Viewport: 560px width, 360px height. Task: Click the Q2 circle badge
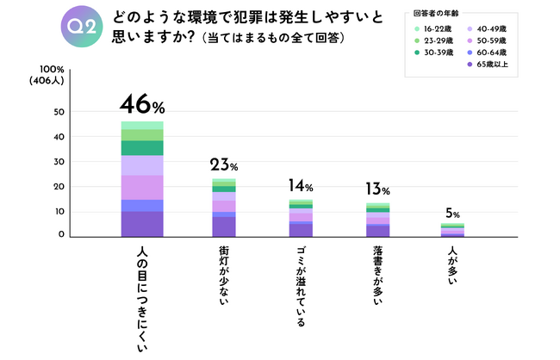click(82, 28)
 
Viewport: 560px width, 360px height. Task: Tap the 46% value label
click(142, 106)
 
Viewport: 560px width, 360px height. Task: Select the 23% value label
click(223, 164)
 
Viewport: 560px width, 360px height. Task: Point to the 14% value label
click(302, 185)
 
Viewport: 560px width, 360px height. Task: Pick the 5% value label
click(453, 214)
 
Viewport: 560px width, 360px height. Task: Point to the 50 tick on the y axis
click(60, 112)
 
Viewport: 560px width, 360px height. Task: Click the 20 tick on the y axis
click(60, 186)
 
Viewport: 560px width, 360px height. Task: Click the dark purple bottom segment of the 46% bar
click(142, 223)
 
